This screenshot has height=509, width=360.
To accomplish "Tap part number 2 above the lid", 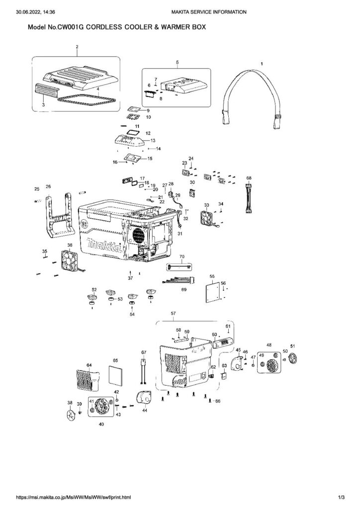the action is pos(77,47).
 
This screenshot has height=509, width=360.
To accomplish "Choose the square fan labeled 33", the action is pos(208,218).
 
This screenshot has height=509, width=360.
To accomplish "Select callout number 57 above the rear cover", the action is pos(173,313).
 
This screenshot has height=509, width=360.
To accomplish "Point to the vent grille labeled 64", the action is pos(89,380).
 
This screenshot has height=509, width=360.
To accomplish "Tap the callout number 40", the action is pos(101,424).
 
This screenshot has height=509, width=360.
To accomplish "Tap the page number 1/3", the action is pos(341,497).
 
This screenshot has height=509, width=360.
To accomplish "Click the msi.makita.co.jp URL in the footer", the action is pos(74,497).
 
